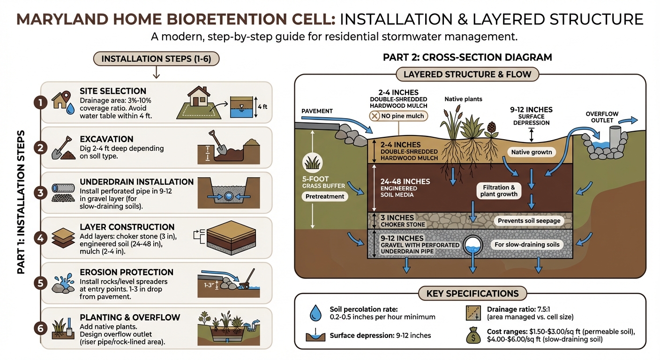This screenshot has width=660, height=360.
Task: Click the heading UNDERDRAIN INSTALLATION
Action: pyautogui.click(x=136, y=182)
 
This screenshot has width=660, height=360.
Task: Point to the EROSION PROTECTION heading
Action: pyautogui.click(x=127, y=272)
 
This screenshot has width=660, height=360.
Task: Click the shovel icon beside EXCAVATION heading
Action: pyautogui.click(x=62, y=148)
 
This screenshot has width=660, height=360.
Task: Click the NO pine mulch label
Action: pyautogui.click(x=398, y=115)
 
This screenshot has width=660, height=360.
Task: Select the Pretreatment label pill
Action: pyautogui.click(x=325, y=196)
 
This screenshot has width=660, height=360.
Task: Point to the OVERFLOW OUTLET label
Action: pyautogui.click(x=602, y=117)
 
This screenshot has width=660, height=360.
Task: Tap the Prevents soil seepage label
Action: pyautogui.click(x=529, y=220)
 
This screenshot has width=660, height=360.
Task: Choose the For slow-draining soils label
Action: pyautogui.click(x=526, y=244)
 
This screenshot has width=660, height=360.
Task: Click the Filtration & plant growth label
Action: pyautogui.click(x=499, y=191)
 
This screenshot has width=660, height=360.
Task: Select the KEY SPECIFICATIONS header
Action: pyautogui.click(x=472, y=294)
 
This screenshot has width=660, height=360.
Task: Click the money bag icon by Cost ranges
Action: pyautogui.click(x=473, y=336)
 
